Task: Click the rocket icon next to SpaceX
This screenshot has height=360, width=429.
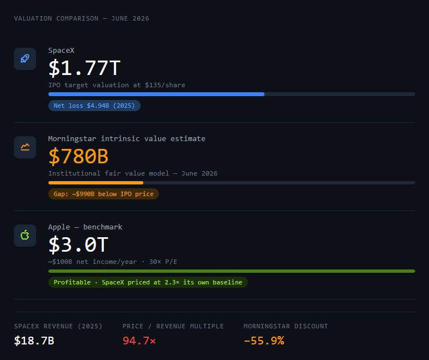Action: tap(25, 58)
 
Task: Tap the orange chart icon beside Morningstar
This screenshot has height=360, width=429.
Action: tap(25, 147)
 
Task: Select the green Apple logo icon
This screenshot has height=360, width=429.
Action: tap(25, 235)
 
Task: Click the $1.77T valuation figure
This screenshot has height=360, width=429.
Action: tap(84, 68)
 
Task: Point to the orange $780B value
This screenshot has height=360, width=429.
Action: tap(78, 156)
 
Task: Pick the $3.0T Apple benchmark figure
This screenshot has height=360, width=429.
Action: tap(78, 244)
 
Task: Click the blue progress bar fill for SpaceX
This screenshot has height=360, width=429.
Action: tap(157, 94)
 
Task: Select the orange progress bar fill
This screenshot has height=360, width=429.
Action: tap(96, 183)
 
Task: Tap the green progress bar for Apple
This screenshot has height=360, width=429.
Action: tap(232, 271)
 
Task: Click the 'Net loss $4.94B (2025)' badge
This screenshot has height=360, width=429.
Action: tap(94, 106)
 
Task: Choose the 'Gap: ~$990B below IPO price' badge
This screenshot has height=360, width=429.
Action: tap(103, 194)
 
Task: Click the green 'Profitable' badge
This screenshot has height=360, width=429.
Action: tap(148, 282)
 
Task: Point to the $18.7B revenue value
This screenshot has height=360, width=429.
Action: tap(34, 341)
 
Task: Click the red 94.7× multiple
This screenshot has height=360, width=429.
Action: tap(139, 341)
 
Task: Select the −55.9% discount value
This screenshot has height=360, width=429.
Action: tap(264, 341)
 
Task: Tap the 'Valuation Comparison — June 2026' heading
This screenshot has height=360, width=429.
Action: tap(82, 18)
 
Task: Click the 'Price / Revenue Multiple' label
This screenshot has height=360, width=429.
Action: tap(173, 326)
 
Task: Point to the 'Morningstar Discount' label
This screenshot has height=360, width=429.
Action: tap(286, 326)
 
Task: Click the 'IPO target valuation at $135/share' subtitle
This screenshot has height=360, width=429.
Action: tap(117, 85)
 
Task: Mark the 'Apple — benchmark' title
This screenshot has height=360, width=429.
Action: tap(86, 227)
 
